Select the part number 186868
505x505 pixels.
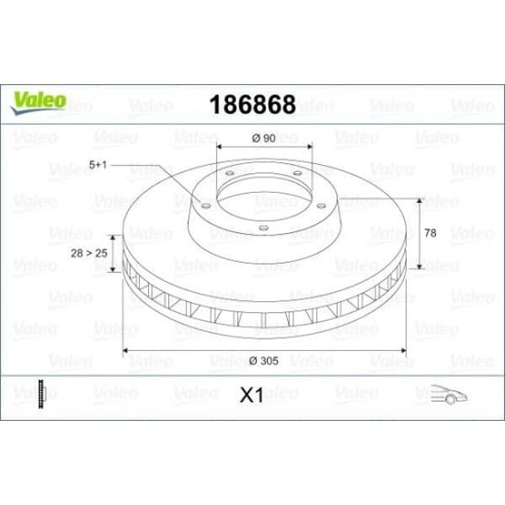[252, 105]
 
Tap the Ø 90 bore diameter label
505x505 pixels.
[264, 137]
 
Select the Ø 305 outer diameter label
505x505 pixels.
[264, 360]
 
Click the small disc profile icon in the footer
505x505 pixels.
[40, 393]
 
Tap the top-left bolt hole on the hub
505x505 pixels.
[229, 174]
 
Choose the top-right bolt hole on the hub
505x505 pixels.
[297, 174]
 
